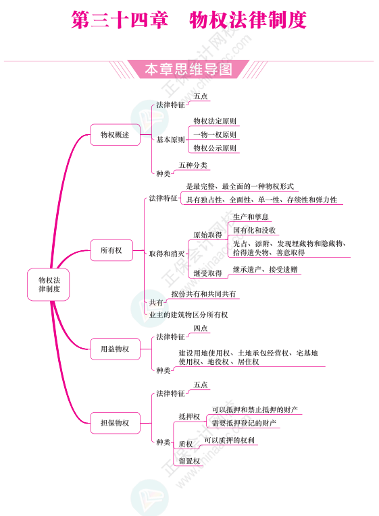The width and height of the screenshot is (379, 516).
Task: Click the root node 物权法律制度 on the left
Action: (x=49, y=285)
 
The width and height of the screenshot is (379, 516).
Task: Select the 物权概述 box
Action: (x=115, y=135)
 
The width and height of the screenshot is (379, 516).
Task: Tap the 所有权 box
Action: (x=111, y=250)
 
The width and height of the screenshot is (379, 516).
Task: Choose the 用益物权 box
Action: (x=115, y=349)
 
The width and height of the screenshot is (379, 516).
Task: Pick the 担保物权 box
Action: (x=115, y=423)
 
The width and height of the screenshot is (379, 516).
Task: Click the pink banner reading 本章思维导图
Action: (x=188, y=69)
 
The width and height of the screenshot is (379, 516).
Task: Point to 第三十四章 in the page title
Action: (x=120, y=20)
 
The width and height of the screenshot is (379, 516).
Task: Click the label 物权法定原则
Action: (x=215, y=121)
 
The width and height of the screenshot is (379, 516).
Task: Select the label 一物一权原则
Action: (x=215, y=135)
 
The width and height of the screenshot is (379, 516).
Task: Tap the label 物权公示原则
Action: (x=215, y=148)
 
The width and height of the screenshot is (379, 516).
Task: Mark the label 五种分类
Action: (x=193, y=165)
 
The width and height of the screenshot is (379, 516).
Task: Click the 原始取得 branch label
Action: (x=207, y=235)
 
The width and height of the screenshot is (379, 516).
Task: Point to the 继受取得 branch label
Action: (x=207, y=273)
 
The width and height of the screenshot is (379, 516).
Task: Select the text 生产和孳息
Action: (x=251, y=217)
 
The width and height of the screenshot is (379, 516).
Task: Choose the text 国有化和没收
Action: (x=254, y=231)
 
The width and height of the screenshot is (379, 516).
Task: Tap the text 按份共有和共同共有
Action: (x=203, y=294)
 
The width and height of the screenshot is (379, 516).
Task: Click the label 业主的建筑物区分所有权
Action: (x=188, y=314)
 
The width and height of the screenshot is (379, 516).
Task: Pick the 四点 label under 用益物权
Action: (x=201, y=328)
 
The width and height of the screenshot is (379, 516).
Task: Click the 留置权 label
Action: (x=189, y=461)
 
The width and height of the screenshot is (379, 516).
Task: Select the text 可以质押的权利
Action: (x=230, y=440)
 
